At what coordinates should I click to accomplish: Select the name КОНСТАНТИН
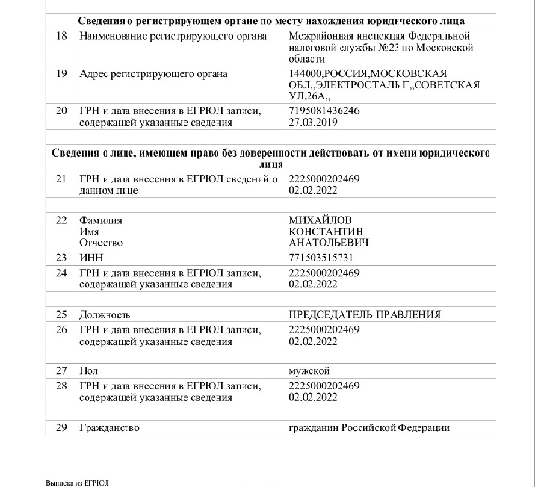(326, 232)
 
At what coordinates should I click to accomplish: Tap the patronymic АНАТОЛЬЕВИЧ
(329, 243)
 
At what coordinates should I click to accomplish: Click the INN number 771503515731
(321, 258)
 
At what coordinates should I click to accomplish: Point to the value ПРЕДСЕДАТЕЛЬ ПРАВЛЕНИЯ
(365, 315)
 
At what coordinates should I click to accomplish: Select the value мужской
(309, 371)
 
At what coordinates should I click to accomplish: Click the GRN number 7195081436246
(324, 111)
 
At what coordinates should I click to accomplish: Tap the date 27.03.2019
(313, 122)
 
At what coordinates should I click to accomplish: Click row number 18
(61, 37)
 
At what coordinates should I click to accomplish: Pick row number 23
(61, 258)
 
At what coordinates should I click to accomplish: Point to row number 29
(61, 428)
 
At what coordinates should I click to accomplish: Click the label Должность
(105, 315)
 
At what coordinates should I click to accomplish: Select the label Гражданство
(110, 428)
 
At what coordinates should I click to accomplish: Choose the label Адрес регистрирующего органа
(153, 75)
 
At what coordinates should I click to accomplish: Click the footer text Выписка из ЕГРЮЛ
(78, 483)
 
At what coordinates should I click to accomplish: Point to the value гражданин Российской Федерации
(370, 428)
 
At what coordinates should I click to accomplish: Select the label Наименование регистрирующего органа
(173, 37)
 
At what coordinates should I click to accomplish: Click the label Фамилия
(101, 220)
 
